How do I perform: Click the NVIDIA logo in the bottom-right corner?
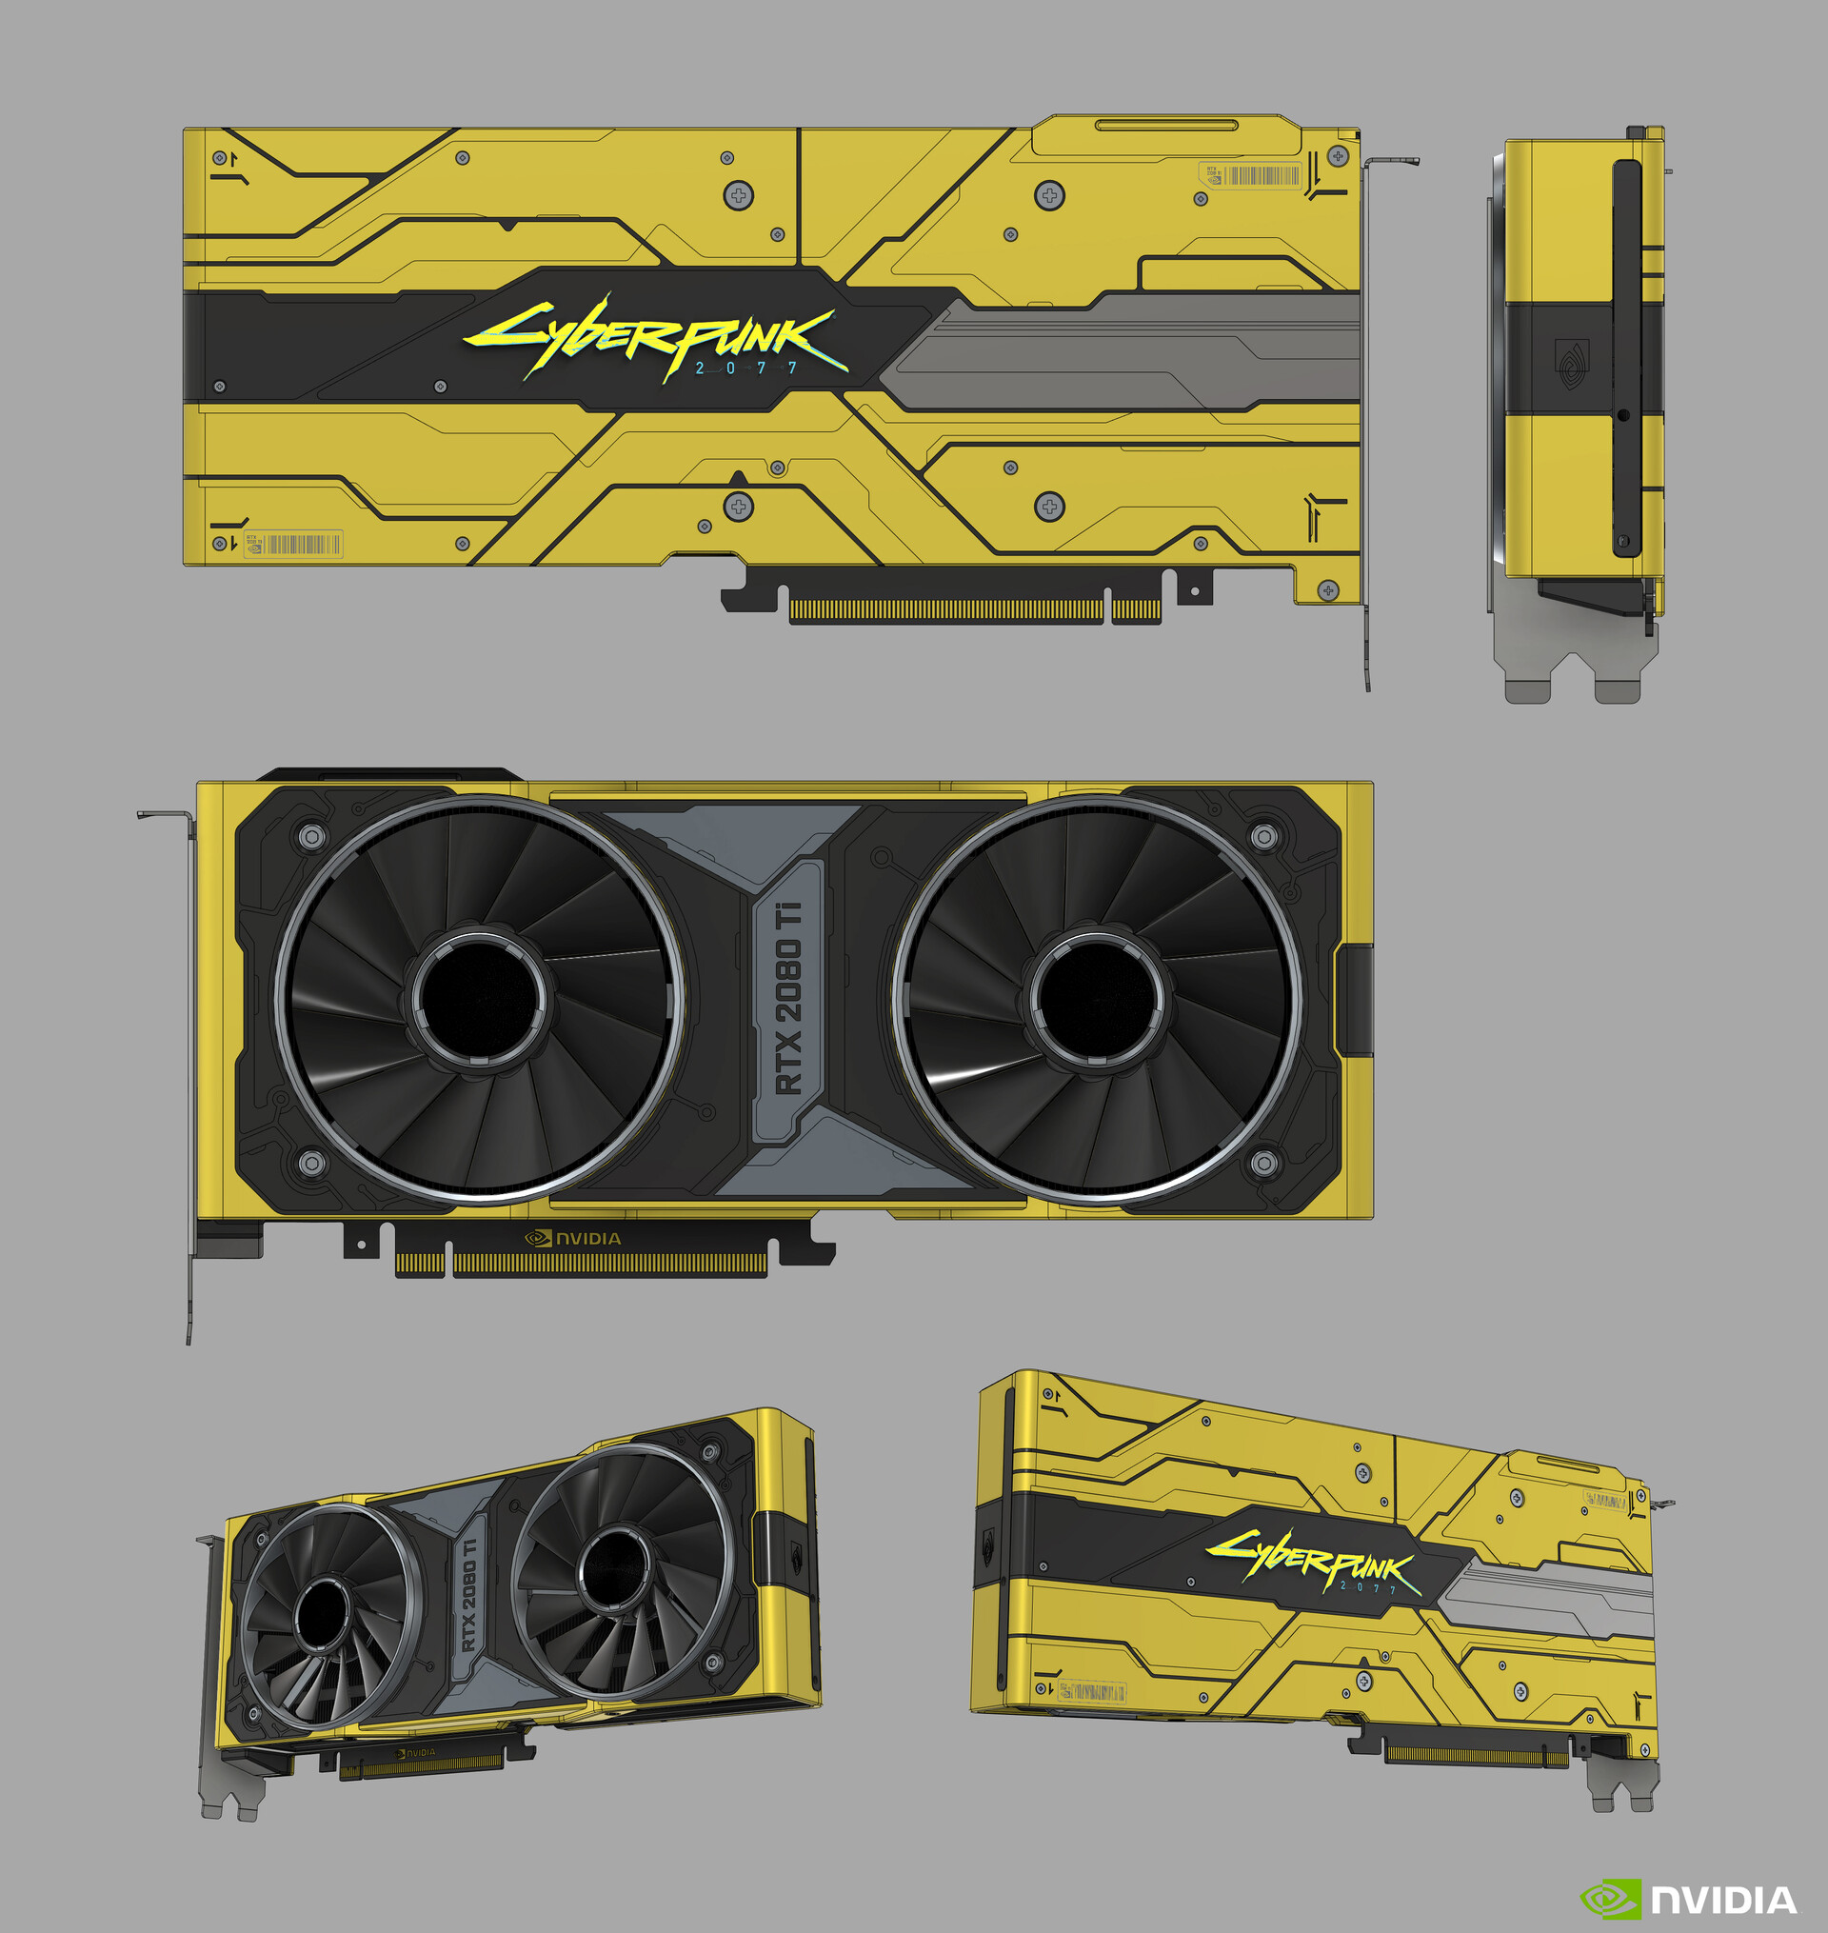1687,1900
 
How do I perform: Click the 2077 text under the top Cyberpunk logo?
746,369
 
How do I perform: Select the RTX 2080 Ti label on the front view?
788,998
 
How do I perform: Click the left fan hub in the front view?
476,998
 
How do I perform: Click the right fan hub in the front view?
1097,998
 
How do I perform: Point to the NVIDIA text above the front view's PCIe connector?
575,1238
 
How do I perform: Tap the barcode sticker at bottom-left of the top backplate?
293,544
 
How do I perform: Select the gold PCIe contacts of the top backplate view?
973,611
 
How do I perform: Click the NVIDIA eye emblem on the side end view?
1569,366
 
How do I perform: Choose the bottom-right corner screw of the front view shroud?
1262,1162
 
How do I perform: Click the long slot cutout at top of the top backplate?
1166,125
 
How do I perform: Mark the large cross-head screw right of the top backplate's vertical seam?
1049,195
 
